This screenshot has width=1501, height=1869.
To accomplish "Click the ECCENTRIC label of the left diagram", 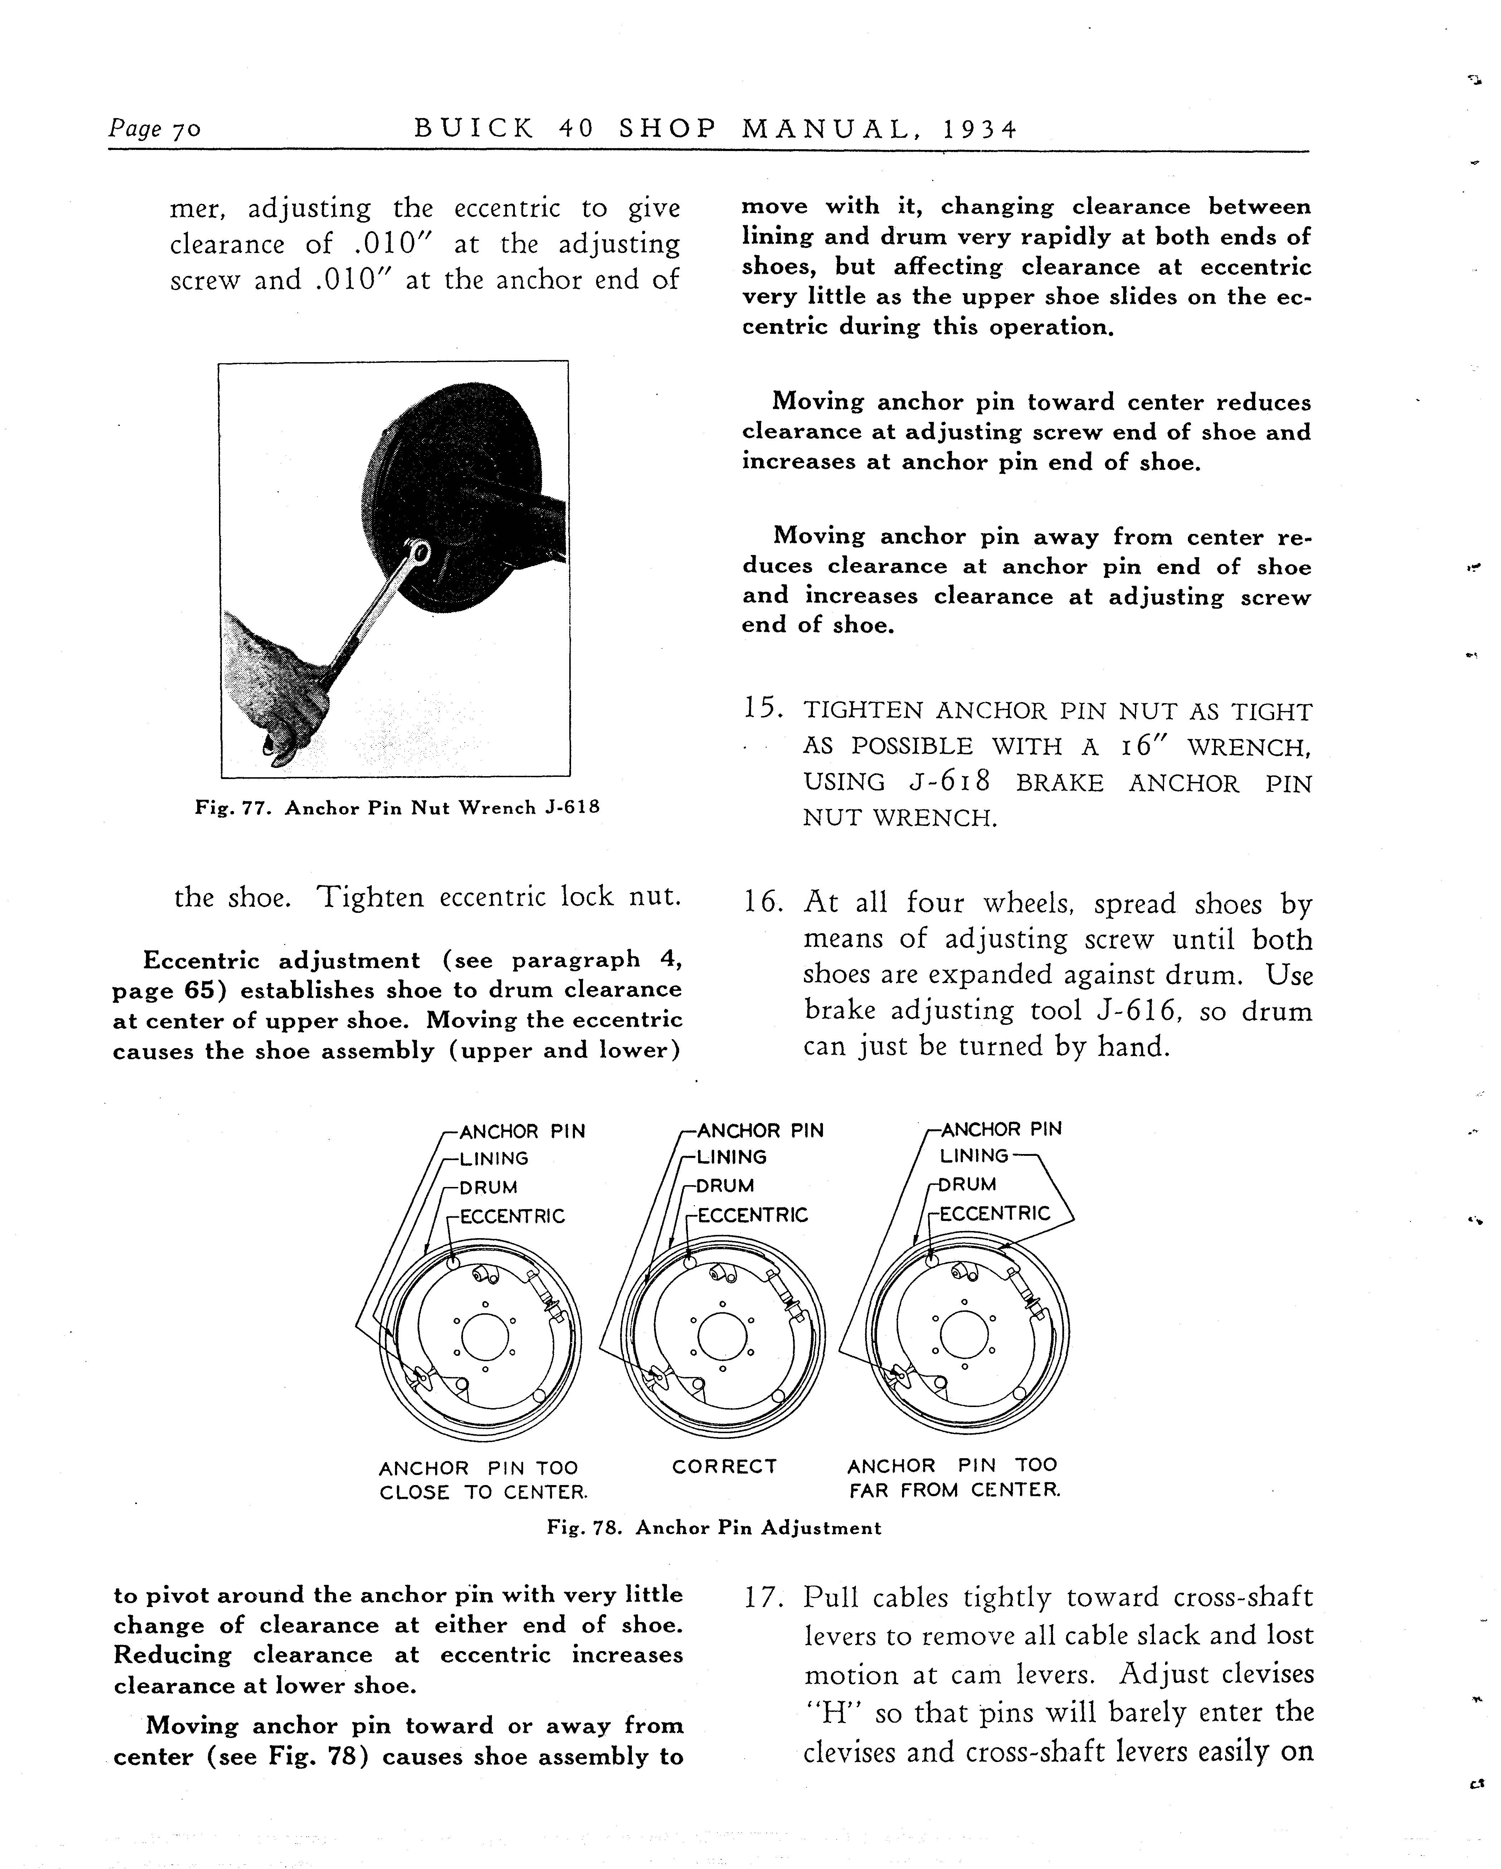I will (x=511, y=1216).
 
